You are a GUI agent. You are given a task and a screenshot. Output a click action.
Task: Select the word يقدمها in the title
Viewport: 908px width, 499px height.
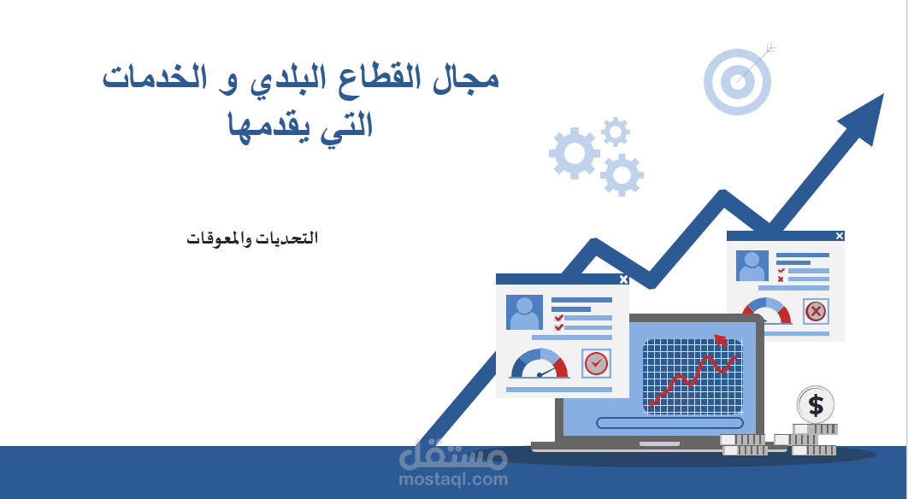coord(267,126)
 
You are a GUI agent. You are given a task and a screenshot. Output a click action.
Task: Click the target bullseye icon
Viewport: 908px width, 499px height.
coord(738,81)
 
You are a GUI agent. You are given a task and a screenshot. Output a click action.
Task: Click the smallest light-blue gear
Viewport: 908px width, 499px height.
coord(616,132)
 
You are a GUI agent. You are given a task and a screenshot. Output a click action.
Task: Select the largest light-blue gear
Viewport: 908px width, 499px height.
coord(575,153)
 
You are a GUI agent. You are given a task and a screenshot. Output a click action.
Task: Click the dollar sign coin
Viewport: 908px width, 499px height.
coord(816,405)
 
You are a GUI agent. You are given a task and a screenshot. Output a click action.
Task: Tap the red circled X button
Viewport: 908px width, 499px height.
coord(816,312)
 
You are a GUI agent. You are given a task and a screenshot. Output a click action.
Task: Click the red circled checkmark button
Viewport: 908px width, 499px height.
coord(596,363)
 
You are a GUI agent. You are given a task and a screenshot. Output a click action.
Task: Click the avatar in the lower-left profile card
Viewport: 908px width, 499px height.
coord(524,313)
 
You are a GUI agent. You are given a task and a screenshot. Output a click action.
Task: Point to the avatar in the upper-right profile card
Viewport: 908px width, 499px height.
coord(752,266)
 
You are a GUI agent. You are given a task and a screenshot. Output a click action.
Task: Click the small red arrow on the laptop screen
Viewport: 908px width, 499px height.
coord(721,340)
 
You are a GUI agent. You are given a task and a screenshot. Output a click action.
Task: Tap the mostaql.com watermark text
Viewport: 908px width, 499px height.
coord(453,479)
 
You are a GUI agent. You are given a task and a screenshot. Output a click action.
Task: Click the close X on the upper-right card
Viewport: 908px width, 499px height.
coord(840,236)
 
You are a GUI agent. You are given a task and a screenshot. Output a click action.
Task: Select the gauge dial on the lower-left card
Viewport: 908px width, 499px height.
coord(539,363)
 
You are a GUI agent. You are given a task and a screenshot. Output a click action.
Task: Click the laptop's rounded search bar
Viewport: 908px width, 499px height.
coord(670,423)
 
